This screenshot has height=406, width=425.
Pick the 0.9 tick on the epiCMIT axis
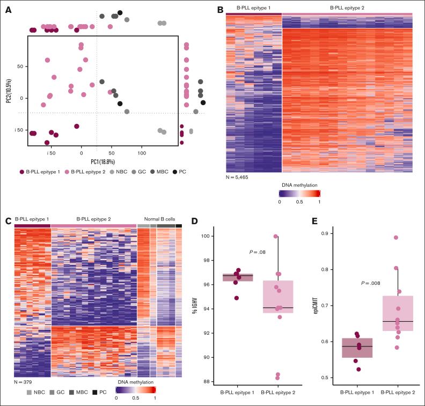point(324,233)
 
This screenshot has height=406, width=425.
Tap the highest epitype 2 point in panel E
point(396,238)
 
